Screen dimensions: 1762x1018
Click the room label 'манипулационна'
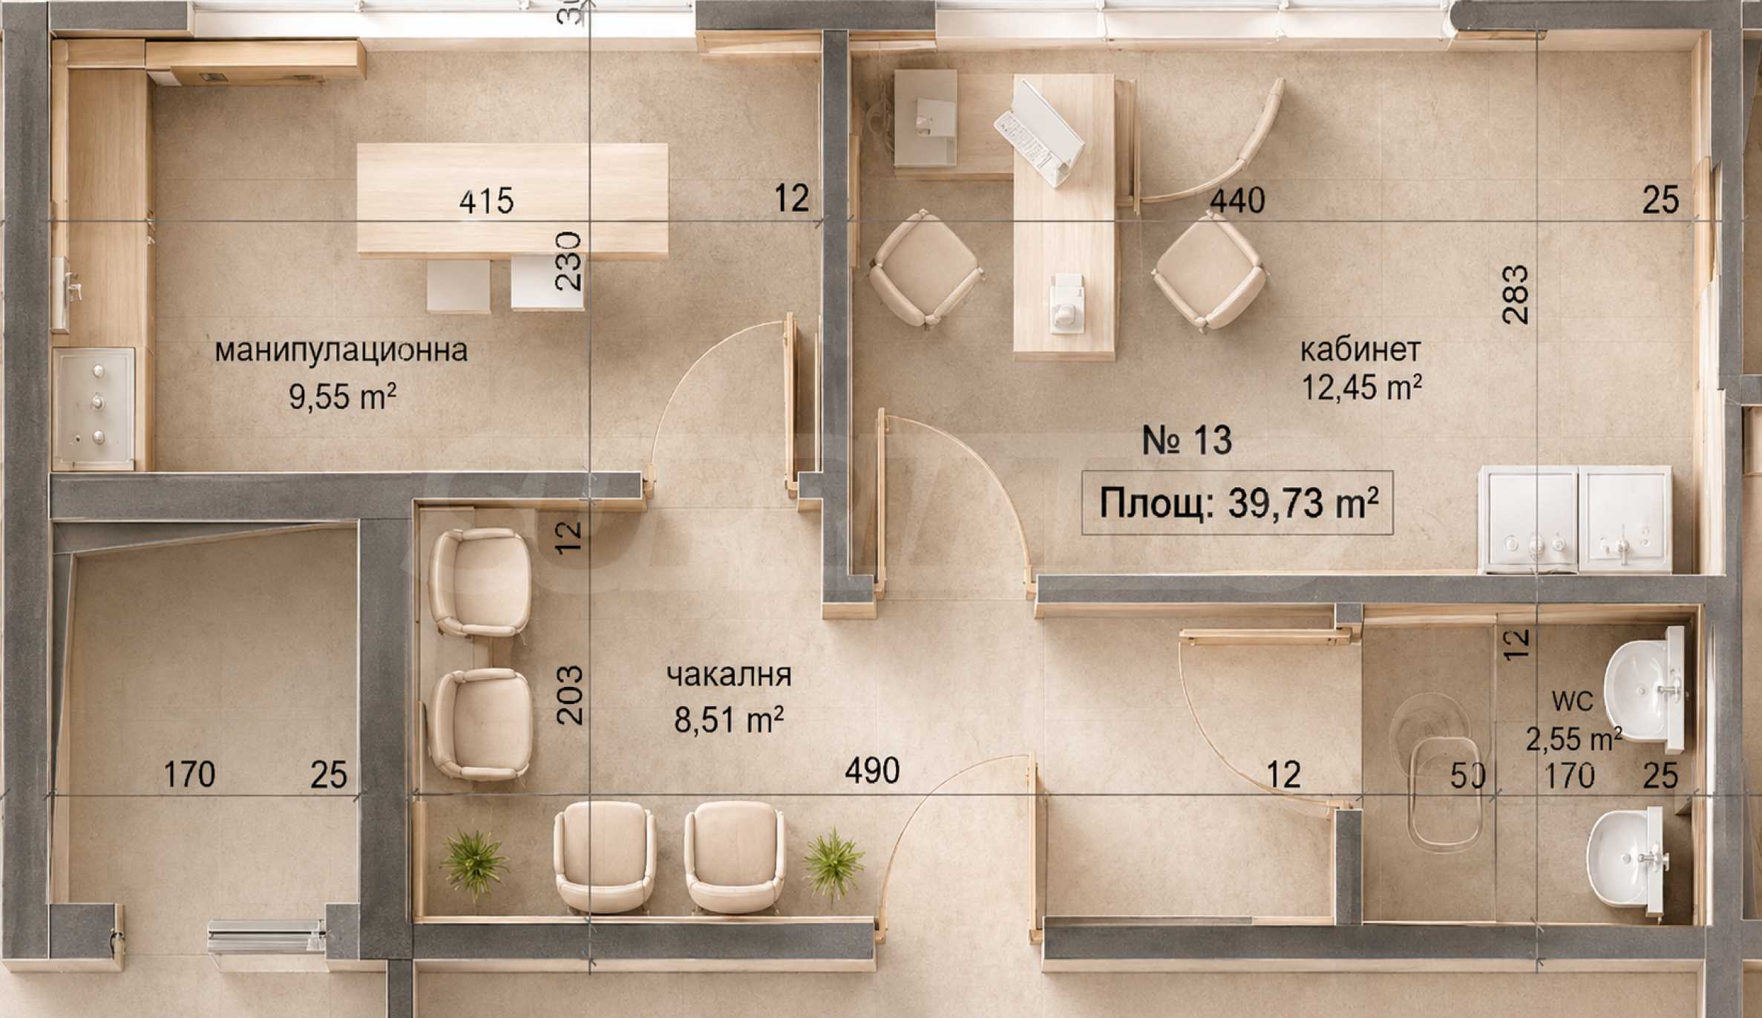coord(341,350)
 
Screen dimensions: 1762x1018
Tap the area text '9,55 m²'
coord(342,397)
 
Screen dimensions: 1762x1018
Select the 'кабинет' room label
coord(1360,349)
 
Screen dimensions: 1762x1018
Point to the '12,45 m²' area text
coord(1362,387)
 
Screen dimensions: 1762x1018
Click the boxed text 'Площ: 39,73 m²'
coord(1237,503)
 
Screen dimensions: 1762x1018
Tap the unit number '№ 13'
coord(1187,440)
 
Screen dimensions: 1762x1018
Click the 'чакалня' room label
coord(729,675)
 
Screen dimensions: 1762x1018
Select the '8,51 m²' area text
coord(729,719)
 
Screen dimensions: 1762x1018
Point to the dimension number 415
coord(486,201)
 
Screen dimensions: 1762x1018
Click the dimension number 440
coord(1237,200)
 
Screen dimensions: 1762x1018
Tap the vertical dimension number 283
coord(1516,295)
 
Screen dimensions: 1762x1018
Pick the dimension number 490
coord(872,771)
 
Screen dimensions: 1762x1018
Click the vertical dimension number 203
coord(569,695)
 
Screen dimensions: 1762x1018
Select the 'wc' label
coord(1572,699)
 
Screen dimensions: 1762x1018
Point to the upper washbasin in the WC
coord(1645,690)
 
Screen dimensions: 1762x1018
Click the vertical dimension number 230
coord(569,261)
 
